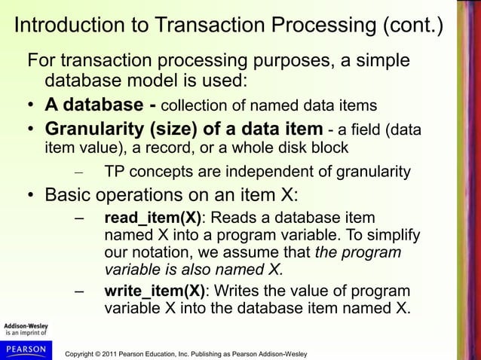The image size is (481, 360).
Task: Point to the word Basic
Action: (x=67, y=197)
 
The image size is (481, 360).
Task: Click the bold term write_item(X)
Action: (x=154, y=291)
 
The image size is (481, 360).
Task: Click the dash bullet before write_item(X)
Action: (x=79, y=291)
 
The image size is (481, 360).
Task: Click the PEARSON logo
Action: (x=26, y=350)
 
